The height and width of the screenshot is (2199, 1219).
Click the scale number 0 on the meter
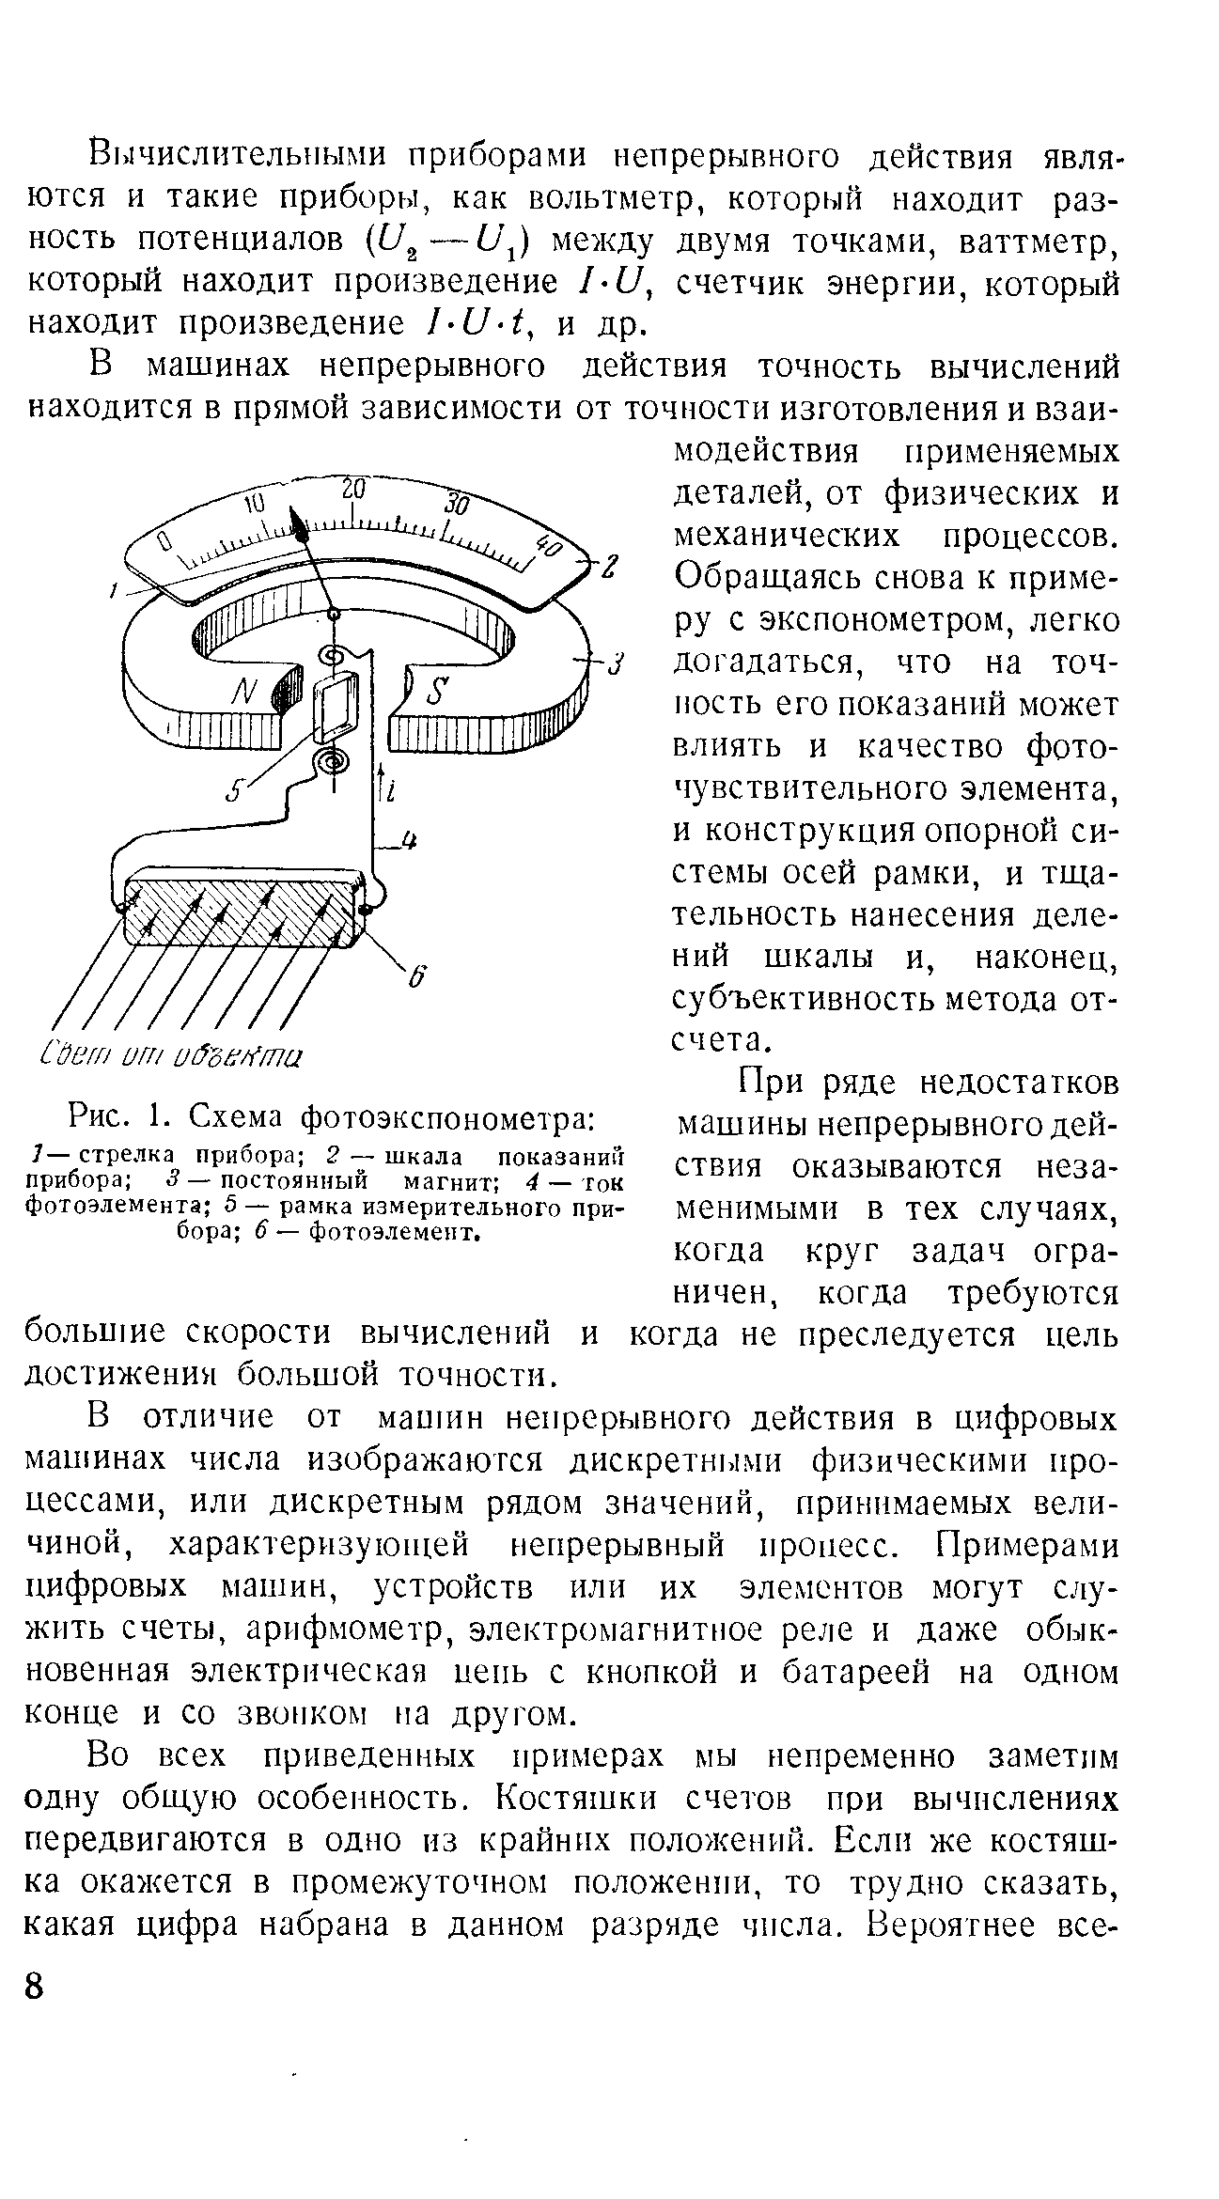click(164, 542)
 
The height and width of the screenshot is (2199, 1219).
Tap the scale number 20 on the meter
click(353, 491)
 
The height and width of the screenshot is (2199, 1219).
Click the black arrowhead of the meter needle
click(300, 525)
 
